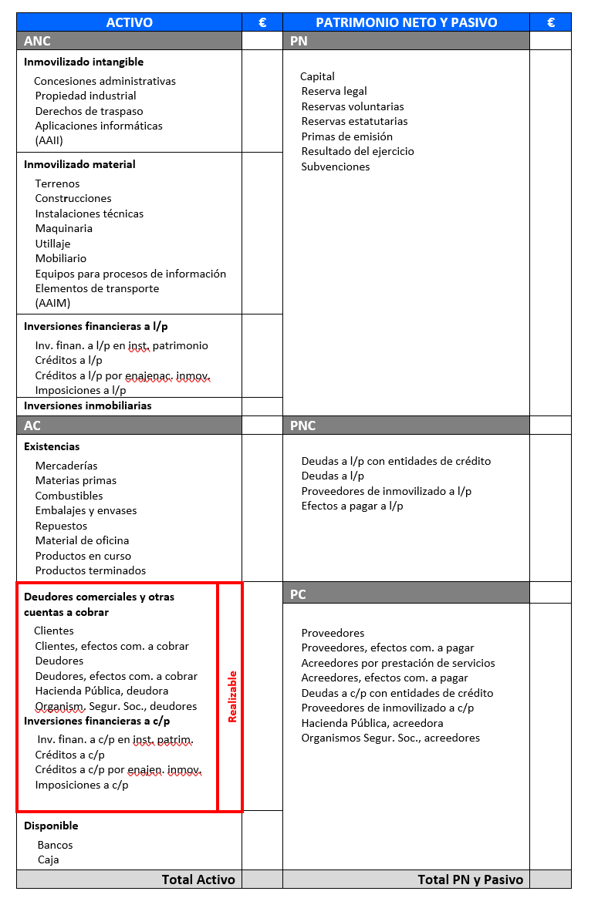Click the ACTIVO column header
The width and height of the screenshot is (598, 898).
tap(129, 22)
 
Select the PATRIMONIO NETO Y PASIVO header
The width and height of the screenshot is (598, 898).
tap(406, 22)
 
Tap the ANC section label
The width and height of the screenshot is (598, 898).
tap(37, 41)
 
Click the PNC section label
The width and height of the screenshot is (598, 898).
tap(303, 425)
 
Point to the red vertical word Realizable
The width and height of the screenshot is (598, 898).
tap(231, 697)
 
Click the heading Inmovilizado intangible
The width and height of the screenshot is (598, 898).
tap(83, 62)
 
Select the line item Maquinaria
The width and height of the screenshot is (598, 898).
tap(63, 228)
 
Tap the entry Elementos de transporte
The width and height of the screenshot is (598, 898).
tap(97, 288)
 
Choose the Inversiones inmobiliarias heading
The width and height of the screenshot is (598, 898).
tap(87, 405)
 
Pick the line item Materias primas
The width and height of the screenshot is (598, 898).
tap(76, 480)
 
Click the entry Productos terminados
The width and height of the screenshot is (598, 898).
tap(90, 570)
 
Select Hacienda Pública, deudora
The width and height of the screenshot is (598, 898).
tap(102, 691)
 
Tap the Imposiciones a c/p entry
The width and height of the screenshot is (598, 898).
tap(82, 785)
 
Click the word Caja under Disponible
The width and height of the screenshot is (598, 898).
tap(48, 859)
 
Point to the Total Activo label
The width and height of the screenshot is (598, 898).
tap(198, 880)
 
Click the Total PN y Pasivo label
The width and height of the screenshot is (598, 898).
tap(470, 880)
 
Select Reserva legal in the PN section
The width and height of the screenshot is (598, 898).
tap(334, 91)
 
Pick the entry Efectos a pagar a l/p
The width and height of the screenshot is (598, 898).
tap(352, 506)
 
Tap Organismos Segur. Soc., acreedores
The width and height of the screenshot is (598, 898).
tap(390, 738)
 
